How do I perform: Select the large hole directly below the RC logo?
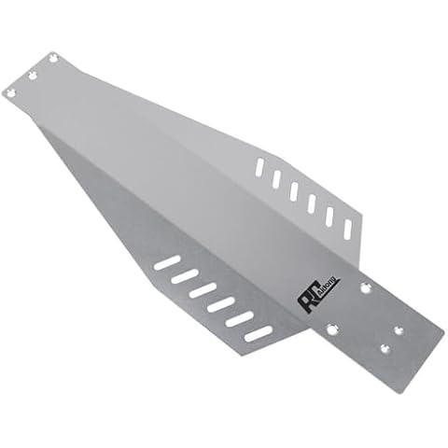[331, 328]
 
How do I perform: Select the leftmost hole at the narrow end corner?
[10, 92]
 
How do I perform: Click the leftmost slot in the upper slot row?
[259, 168]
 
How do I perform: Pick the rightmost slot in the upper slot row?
[347, 229]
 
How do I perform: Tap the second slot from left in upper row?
[276, 179]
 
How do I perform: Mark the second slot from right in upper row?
[329, 217]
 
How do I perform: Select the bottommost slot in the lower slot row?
[259, 333]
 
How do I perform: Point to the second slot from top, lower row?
[185, 277]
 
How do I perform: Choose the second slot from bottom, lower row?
[240, 319]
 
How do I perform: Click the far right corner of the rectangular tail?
[443, 329]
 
